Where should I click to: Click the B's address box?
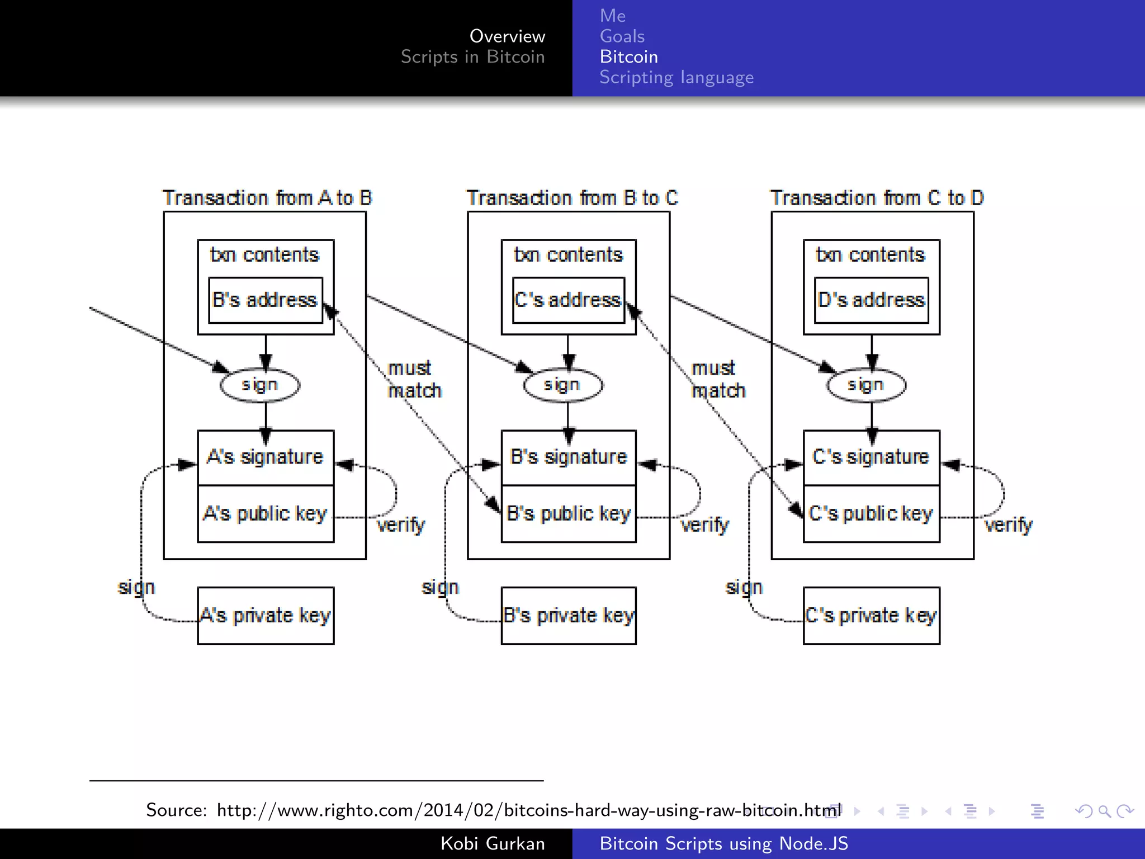click(x=266, y=300)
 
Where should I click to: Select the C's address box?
click(x=568, y=300)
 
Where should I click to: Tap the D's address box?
click(x=871, y=300)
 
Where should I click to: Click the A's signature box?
click(x=266, y=457)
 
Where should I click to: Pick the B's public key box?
click(x=568, y=513)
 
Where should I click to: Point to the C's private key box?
click(x=871, y=615)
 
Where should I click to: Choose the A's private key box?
click(x=266, y=615)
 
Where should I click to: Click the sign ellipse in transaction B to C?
click(x=563, y=385)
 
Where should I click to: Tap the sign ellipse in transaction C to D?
click(x=866, y=385)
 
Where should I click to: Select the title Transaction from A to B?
click(x=267, y=198)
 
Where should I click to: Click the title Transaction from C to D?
click(x=877, y=198)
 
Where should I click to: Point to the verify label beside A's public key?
click(x=401, y=525)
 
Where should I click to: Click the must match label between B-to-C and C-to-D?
click(x=718, y=379)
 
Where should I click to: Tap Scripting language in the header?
click(x=676, y=77)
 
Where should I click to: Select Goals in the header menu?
click(x=622, y=36)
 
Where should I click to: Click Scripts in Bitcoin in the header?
click(x=472, y=56)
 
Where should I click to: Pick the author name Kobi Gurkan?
click(x=492, y=843)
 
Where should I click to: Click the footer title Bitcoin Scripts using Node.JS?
click(x=723, y=843)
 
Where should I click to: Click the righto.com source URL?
click(x=528, y=810)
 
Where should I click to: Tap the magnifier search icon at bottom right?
click(x=1104, y=811)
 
